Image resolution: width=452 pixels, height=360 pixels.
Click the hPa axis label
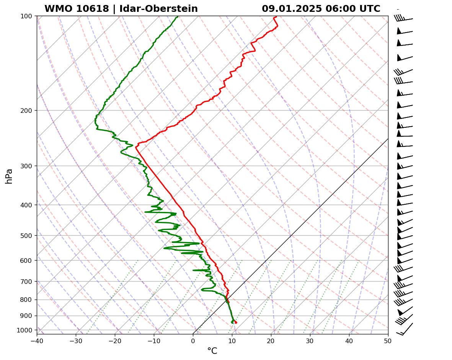click(9, 176)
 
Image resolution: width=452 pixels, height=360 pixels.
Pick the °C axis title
click(212, 351)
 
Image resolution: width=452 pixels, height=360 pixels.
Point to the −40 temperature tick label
click(37, 340)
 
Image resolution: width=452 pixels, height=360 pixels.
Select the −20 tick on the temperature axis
click(115, 340)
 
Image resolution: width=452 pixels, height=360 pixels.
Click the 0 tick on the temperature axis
click(193, 340)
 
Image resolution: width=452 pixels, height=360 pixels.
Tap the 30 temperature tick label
click(310, 340)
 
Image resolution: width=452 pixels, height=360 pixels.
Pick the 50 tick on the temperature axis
click(388, 340)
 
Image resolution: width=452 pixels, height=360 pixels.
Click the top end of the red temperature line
click(274, 17)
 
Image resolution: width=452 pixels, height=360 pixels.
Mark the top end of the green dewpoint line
click(177, 16)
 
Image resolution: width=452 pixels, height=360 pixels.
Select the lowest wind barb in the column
click(405, 329)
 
